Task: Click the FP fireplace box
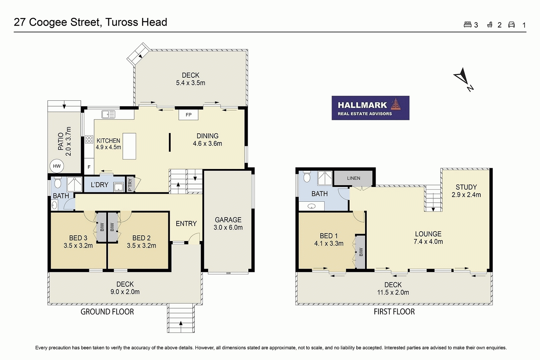[188, 115]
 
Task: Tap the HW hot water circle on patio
[57, 166]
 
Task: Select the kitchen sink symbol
[108, 114]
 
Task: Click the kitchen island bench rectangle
[129, 146]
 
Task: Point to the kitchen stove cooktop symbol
[89, 139]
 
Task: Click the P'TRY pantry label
[130, 185]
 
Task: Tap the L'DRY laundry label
[99, 185]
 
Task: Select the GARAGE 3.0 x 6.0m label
[228, 224]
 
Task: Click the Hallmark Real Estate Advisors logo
[370, 108]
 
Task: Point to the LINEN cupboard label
[353, 178]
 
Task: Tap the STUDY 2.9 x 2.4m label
[466, 191]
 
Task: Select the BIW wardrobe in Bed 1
[360, 252]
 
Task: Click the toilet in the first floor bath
[307, 177]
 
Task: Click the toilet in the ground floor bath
[58, 183]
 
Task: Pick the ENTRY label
[186, 224]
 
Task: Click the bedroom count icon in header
[467, 25]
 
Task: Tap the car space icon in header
[511, 25]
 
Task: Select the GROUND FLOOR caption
[107, 312]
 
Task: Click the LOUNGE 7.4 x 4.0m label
[428, 238]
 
